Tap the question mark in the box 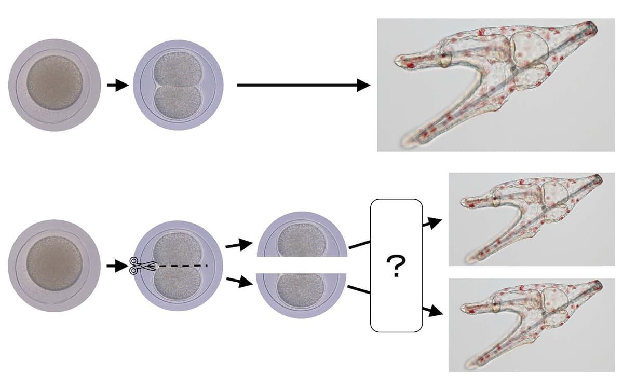point(396,267)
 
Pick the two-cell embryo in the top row point(178,86)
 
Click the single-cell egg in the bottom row point(55,266)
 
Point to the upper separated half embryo point(302,236)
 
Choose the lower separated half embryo point(302,293)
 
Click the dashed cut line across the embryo point(182,266)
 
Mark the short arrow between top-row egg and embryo point(117,86)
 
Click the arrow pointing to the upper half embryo point(238,244)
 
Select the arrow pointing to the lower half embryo point(238,283)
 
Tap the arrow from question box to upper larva point(431,224)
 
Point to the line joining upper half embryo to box point(359,244)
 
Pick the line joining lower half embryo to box point(359,289)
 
